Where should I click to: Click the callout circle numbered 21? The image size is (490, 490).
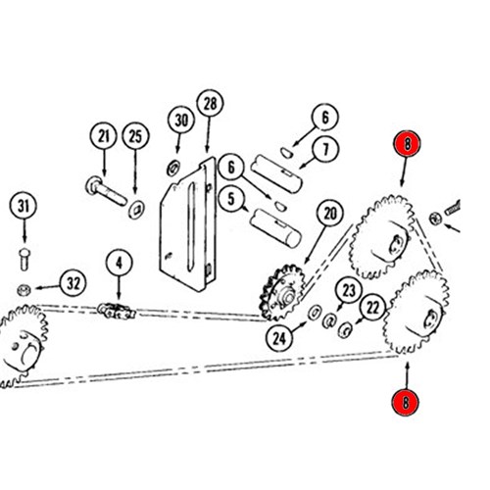pyautogui.click(x=104, y=136)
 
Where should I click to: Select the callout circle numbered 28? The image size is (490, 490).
pyautogui.click(x=210, y=104)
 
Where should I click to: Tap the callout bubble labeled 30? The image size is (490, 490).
pyautogui.click(x=181, y=120)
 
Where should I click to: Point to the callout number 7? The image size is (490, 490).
pyautogui.click(x=325, y=149)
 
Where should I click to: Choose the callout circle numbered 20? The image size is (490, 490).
pyautogui.click(x=329, y=214)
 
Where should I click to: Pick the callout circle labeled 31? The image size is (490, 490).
pyautogui.click(x=23, y=206)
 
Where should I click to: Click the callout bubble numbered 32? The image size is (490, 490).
pyautogui.click(x=73, y=283)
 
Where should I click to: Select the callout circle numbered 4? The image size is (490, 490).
pyautogui.click(x=119, y=264)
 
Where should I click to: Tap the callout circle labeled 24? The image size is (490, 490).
pyautogui.click(x=279, y=338)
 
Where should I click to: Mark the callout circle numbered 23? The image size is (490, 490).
pyautogui.click(x=349, y=290)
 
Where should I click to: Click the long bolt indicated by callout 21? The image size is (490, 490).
pyautogui.click(x=106, y=191)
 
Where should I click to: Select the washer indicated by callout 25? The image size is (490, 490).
pyautogui.click(x=136, y=210)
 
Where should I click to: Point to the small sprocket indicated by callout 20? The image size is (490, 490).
pyautogui.click(x=282, y=293)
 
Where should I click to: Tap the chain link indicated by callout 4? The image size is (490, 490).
pyautogui.click(x=117, y=311)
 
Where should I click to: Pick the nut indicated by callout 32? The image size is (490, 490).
pyautogui.click(x=24, y=289)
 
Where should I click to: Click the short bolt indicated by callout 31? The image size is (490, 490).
pyautogui.click(x=24, y=259)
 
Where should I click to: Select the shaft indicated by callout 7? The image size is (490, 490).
pyautogui.click(x=276, y=173)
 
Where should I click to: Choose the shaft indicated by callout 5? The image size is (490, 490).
pyautogui.click(x=275, y=228)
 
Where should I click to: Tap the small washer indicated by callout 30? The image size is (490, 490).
pyautogui.click(x=173, y=168)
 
